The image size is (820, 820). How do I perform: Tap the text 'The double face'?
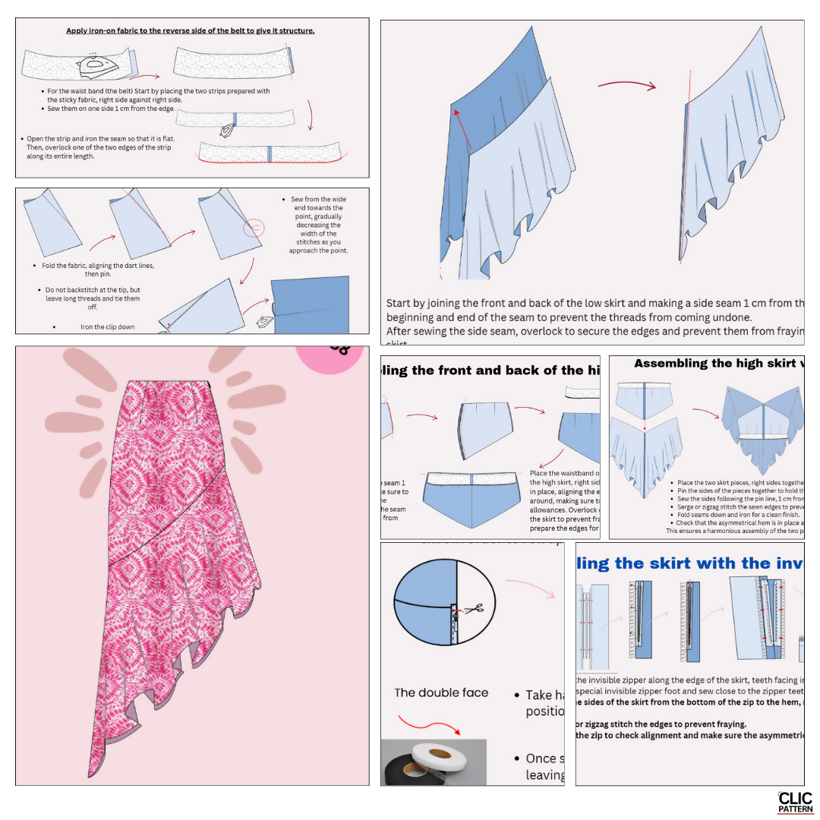pyautogui.click(x=441, y=692)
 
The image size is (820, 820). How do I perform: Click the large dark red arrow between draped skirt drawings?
pyautogui.click(x=626, y=86)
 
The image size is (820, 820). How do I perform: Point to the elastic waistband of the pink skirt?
pyautogui.click(x=169, y=386)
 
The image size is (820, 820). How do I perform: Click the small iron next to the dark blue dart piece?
pyautogui.click(x=264, y=322)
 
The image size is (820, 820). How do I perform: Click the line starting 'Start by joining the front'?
pyautogui.click(x=494, y=303)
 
